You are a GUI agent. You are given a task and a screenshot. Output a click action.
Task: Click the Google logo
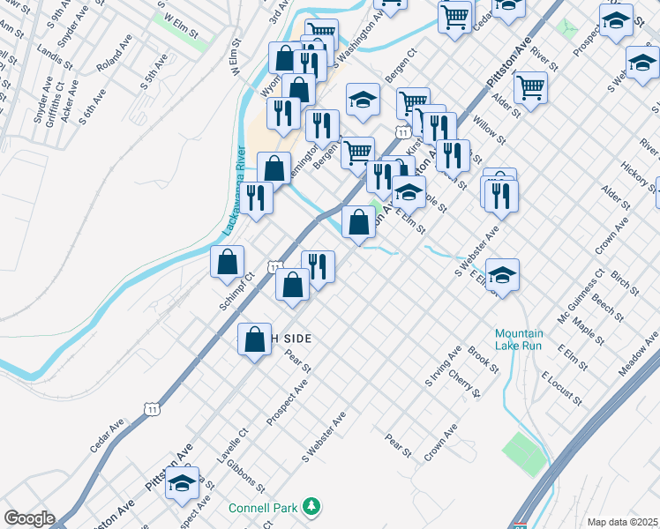coord(28,518)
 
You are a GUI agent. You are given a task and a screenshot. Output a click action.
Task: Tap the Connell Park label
coord(263,508)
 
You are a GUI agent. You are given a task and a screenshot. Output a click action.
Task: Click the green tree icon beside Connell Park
coord(310,506)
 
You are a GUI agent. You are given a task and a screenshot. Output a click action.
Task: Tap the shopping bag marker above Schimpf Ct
coord(228,262)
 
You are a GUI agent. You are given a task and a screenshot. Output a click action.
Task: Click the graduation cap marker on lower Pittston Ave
coord(183,485)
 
